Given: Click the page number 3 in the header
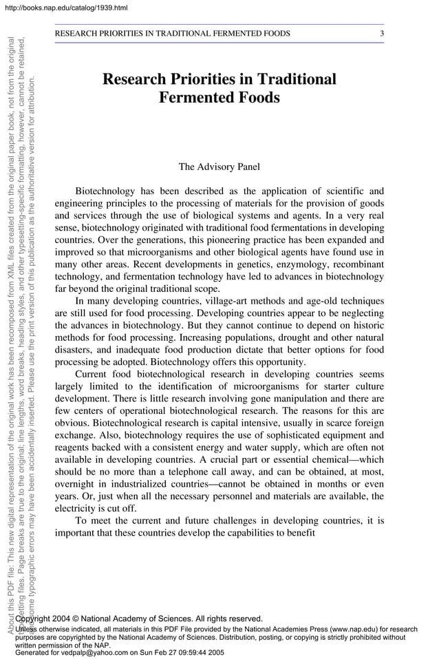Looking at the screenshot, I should tap(382, 33).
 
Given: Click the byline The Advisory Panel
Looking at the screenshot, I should tap(219, 167).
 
